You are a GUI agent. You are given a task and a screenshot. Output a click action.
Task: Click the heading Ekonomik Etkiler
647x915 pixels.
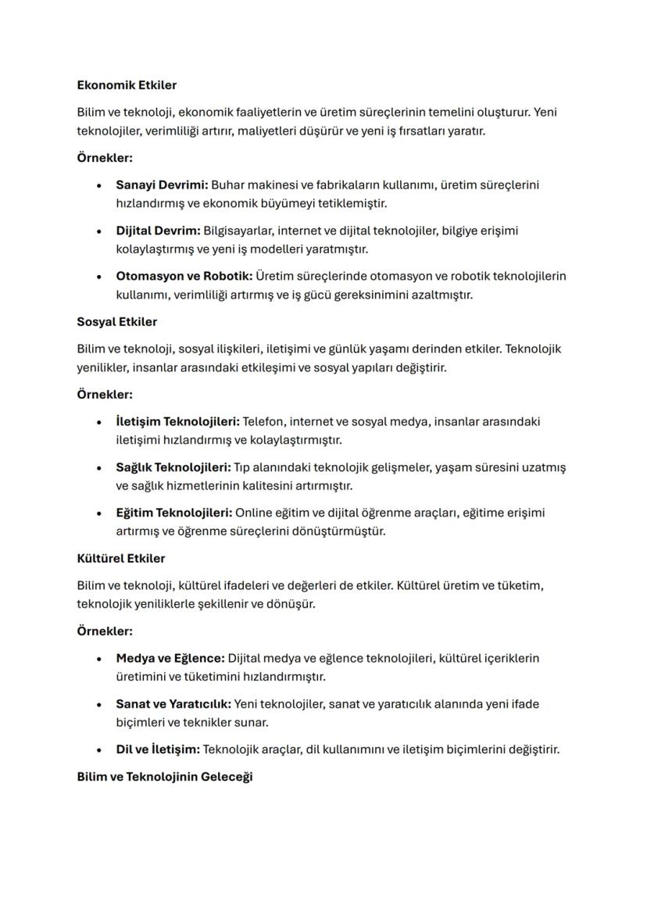(x=127, y=84)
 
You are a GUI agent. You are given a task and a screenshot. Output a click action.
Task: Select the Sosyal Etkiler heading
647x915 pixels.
(x=116, y=321)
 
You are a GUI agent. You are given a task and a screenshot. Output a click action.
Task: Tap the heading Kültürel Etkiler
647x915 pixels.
(x=120, y=558)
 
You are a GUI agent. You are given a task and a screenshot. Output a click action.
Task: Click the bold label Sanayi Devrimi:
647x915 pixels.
(x=162, y=184)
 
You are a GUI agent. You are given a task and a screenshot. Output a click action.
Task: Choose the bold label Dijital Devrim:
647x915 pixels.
(x=158, y=231)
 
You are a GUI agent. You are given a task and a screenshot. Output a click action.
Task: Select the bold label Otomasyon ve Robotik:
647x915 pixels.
(x=184, y=276)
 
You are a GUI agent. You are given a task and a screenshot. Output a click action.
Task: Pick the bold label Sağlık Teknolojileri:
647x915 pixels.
(x=173, y=467)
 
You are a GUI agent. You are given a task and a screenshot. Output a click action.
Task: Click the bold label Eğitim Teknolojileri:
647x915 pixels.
(x=173, y=513)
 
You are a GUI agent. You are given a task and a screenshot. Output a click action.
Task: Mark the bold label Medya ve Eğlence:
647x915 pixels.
(x=170, y=658)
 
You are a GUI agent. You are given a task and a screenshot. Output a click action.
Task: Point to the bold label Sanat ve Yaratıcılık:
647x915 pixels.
(x=173, y=703)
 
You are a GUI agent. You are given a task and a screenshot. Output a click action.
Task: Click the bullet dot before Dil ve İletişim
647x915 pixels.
(x=98, y=750)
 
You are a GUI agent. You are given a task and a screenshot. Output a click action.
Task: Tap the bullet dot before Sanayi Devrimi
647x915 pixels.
(x=98, y=186)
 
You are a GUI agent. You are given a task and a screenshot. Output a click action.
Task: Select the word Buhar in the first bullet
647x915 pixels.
(x=227, y=184)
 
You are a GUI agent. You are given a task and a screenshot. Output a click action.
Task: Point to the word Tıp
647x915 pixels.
(x=245, y=467)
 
